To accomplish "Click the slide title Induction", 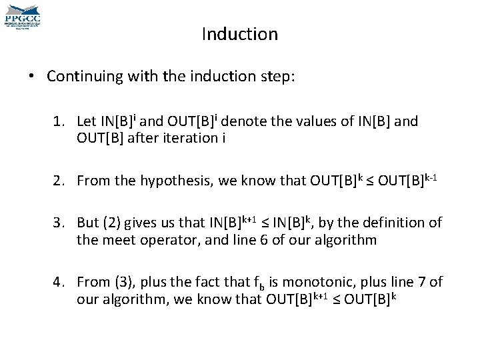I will click(239, 33).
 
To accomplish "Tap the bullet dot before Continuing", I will click(33, 76).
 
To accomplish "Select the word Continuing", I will click(79, 76).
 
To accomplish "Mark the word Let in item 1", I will click(87, 122).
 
